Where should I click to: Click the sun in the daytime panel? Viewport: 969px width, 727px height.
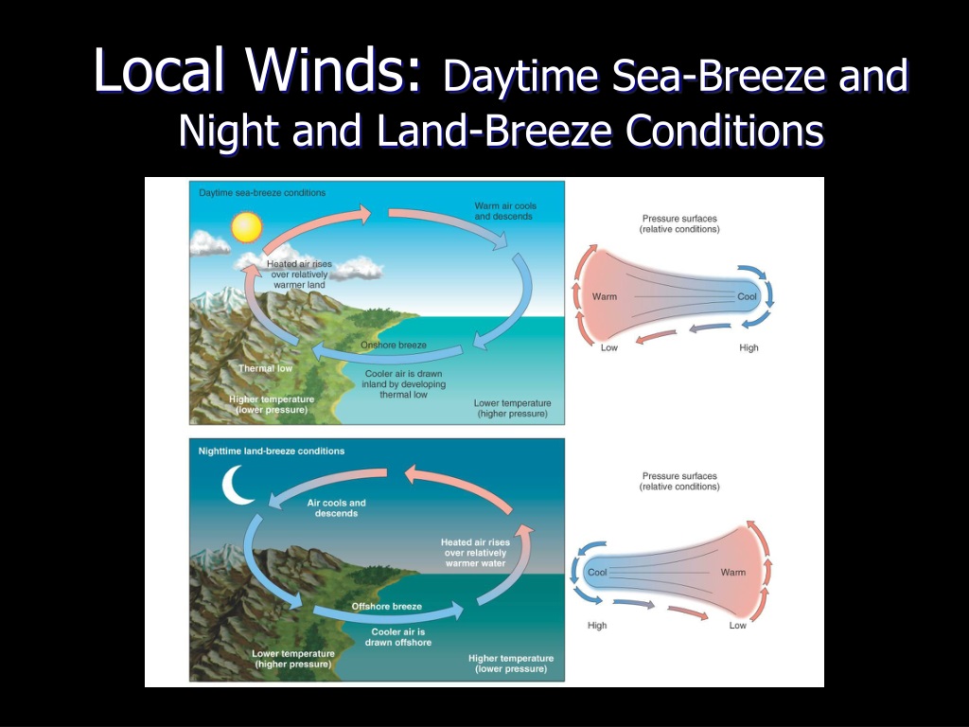click(247, 227)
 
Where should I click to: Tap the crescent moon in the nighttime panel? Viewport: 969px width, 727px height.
click(235, 486)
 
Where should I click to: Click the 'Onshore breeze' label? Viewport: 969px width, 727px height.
click(394, 345)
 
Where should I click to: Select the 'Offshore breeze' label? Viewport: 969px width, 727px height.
click(387, 607)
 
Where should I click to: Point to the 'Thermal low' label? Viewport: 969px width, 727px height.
click(266, 368)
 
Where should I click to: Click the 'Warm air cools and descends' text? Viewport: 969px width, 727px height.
click(505, 211)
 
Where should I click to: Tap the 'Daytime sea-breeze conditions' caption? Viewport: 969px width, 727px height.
click(262, 193)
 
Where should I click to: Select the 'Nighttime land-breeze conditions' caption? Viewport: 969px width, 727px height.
click(272, 452)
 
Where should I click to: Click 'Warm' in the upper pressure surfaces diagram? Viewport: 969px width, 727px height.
click(605, 296)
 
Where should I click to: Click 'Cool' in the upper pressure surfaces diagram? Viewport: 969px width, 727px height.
click(747, 296)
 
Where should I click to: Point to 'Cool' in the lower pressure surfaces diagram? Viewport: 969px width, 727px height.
click(597, 573)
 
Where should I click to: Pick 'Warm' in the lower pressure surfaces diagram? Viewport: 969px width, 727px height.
click(733, 573)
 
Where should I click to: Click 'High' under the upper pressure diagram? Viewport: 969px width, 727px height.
click(749, 348)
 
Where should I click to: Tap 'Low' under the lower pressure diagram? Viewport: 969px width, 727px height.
click(737, 626)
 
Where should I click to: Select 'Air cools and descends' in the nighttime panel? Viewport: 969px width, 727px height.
click(336, 508)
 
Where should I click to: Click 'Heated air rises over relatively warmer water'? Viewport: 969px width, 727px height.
click(475, 553)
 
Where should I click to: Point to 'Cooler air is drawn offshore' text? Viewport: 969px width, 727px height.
click(398, 637)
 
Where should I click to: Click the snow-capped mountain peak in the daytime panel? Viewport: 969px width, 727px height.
click(222, 295)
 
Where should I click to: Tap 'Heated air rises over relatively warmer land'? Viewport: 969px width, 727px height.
click(299, 275)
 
